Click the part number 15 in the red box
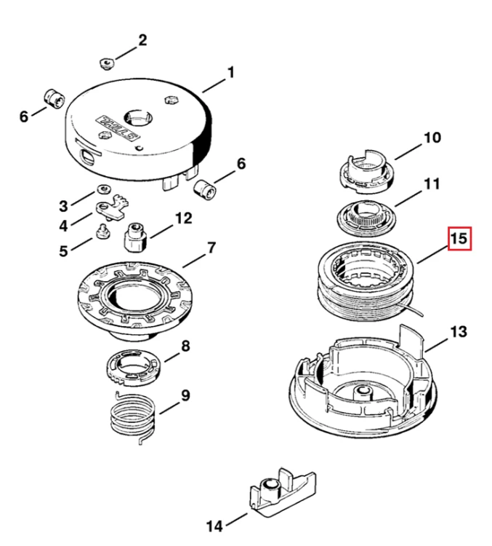coord(459,239)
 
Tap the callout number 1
coord(231,73)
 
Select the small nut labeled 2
coord(107,64)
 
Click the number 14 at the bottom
coord(214,526)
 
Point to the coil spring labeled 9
coord(132,417)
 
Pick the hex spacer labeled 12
coord(136,237)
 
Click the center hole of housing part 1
coord(138,117)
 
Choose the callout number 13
coord(459,331)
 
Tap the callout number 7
coord(211,248)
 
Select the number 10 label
coord(432,138)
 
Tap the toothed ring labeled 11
coord(366,218)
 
